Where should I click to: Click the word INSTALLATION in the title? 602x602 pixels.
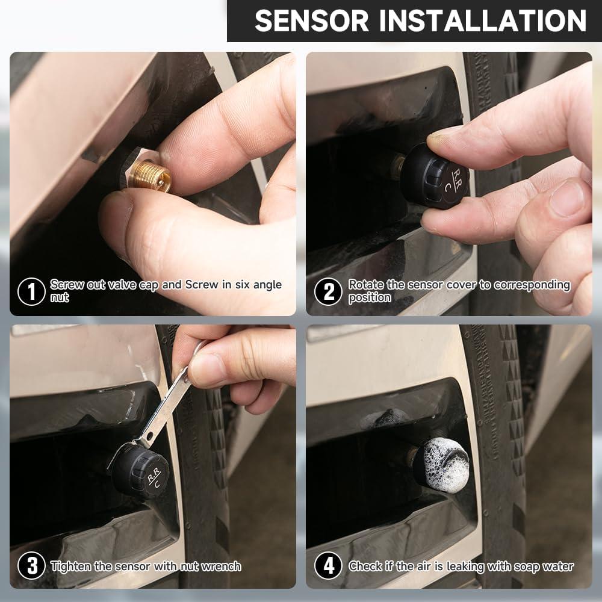click(x=480, y=21)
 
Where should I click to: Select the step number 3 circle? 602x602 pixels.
click(x=31, y=566)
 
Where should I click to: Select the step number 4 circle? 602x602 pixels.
click(x=329, y=566)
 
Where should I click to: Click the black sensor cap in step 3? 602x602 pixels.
click(x=140, y=471)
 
